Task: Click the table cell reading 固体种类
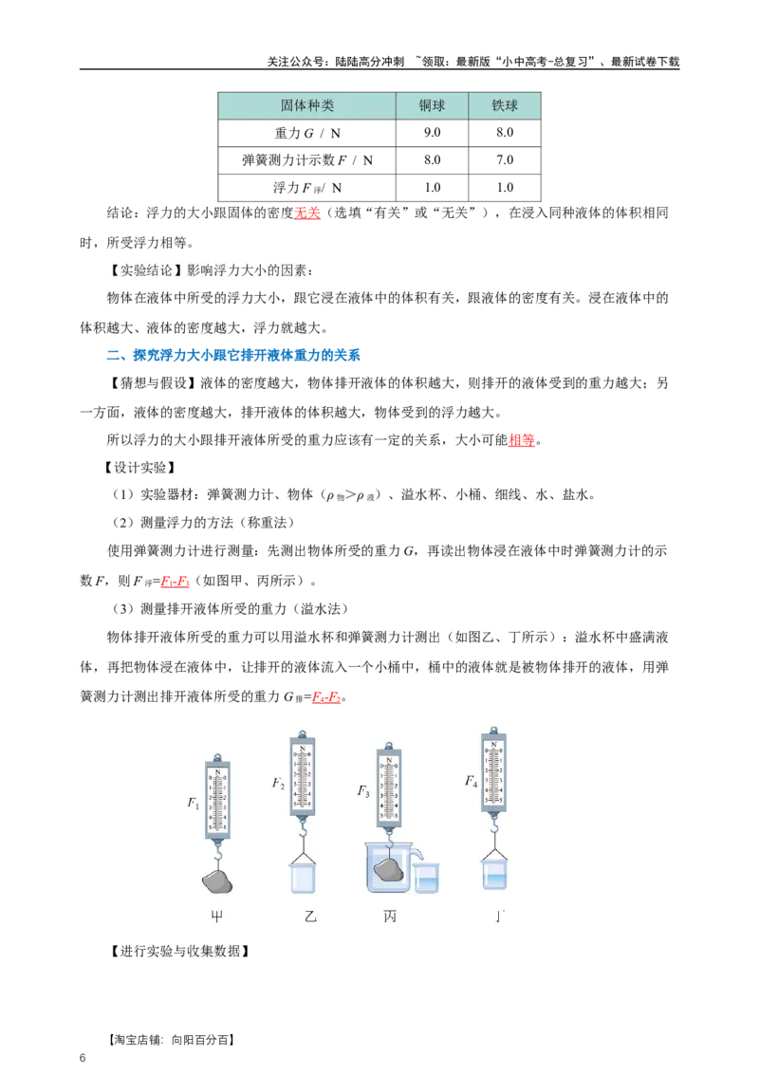pyautogui.click(x=306, y=106)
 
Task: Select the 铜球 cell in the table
pyautogui.click(x=432, y=106)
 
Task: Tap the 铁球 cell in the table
pyautogui.click(x=505, y=106)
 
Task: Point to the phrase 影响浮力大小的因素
pyautogui.click(x=249, y=270)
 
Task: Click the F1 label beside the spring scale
pyautogui.click(x=194, y=803)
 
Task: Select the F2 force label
pyautogui.click(x=278, y=784)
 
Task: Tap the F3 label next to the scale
pyautogui.click(x=363, y=790)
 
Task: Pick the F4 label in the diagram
pyautogui.click(x=471, y=782)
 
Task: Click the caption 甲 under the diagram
pyautogui.click(x=218, y=917)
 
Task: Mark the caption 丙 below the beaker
pyautogui.click(x=390, y=917)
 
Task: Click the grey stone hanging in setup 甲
pyautogui.click(x=218, y=881)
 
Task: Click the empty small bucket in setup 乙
pyautogui.click(x=303, y=877)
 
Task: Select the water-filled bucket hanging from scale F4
pyautogui.click(x=494, y=873)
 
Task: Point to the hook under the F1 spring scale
pyautogui.click(x=218, y=853)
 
